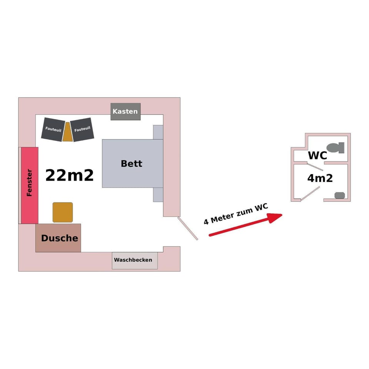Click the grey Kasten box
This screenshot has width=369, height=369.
[x=125, y=111]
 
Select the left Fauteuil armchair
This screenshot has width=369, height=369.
[x=53, y=130]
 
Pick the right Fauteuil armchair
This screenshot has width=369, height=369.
[x=82, y=129]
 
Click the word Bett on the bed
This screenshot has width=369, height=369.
[x=131, y=163]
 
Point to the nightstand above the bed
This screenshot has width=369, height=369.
[x=158, y=132]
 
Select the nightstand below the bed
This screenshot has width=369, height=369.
[x=158, y=194]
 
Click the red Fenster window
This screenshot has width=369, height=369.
[x=30, y=185]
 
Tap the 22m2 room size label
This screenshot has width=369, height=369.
[x=70, y=175]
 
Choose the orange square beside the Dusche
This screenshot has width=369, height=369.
[x=63, y=212]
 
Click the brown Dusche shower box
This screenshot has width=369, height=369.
[x=58, y=238]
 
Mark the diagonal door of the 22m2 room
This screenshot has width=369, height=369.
[x=188, y=228]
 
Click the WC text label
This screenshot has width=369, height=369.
[x=317, y=156]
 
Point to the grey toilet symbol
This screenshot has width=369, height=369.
[x=334, y=148]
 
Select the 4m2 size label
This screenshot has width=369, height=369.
[x=320, y=178]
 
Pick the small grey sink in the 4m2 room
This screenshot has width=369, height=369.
[x=339, y=195]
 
